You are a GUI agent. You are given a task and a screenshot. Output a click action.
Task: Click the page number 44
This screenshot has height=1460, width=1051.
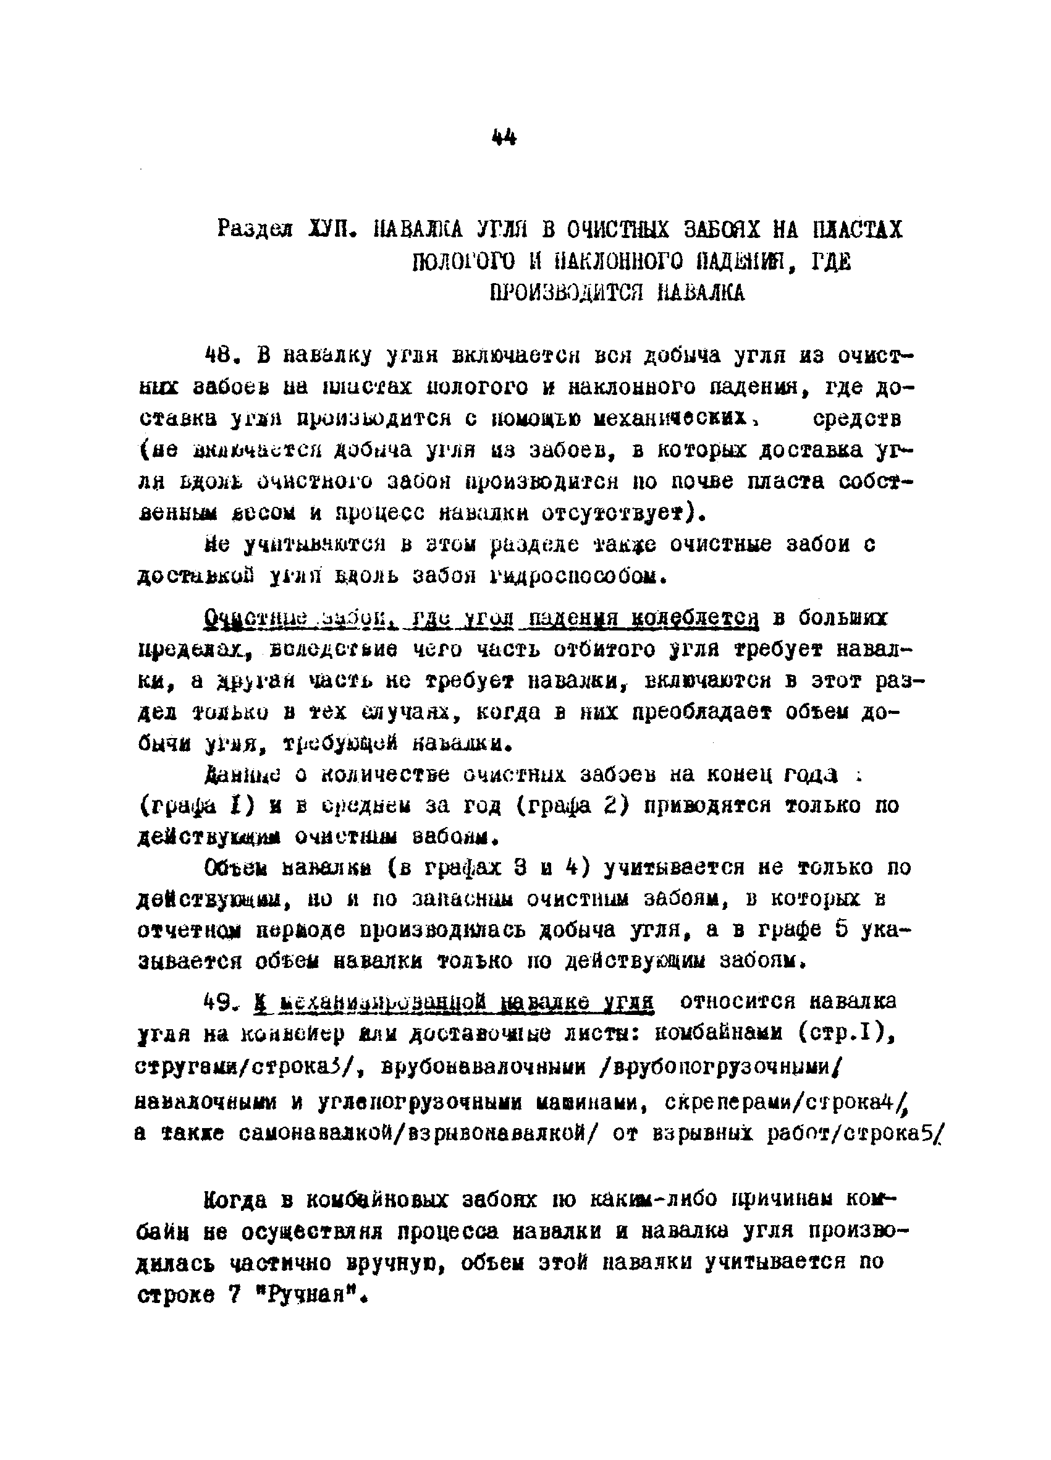(504, 137)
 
